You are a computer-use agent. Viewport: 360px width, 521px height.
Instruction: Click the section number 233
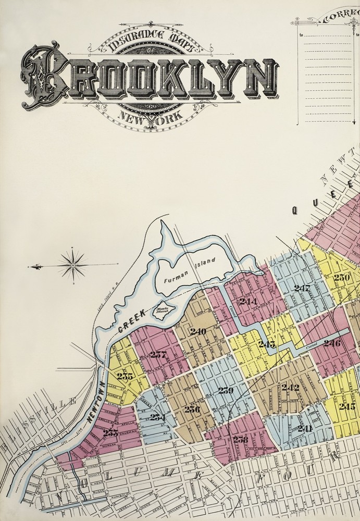click(x=110, y=432)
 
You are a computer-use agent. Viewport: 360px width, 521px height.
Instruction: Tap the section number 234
click(x=157, y=417)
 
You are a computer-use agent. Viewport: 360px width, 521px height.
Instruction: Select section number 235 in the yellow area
click(x=125, y=376)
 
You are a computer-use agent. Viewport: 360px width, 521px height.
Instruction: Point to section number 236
click(x=192, y=409)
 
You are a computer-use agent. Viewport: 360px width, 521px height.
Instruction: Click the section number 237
click(x=158, y=355)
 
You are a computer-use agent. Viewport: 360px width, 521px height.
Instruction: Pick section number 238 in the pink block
click(x=240, y=439)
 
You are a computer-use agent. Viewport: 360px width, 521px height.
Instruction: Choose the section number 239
click(x=226, y=390)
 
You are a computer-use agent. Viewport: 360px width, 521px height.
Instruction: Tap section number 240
click(x=198, y=331)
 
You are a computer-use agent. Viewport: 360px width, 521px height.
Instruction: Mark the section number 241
click(x=304, y=429)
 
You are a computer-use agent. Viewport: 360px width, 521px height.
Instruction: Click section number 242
click(x=290, y=387)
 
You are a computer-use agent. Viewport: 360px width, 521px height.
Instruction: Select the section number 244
click(x=248, y=301)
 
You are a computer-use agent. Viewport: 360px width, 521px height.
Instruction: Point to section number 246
click(x=331, y=343)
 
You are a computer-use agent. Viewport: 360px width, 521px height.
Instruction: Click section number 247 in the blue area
click(x=302, y=288)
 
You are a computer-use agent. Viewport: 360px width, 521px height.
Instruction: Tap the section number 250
click(x=342, y=277)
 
